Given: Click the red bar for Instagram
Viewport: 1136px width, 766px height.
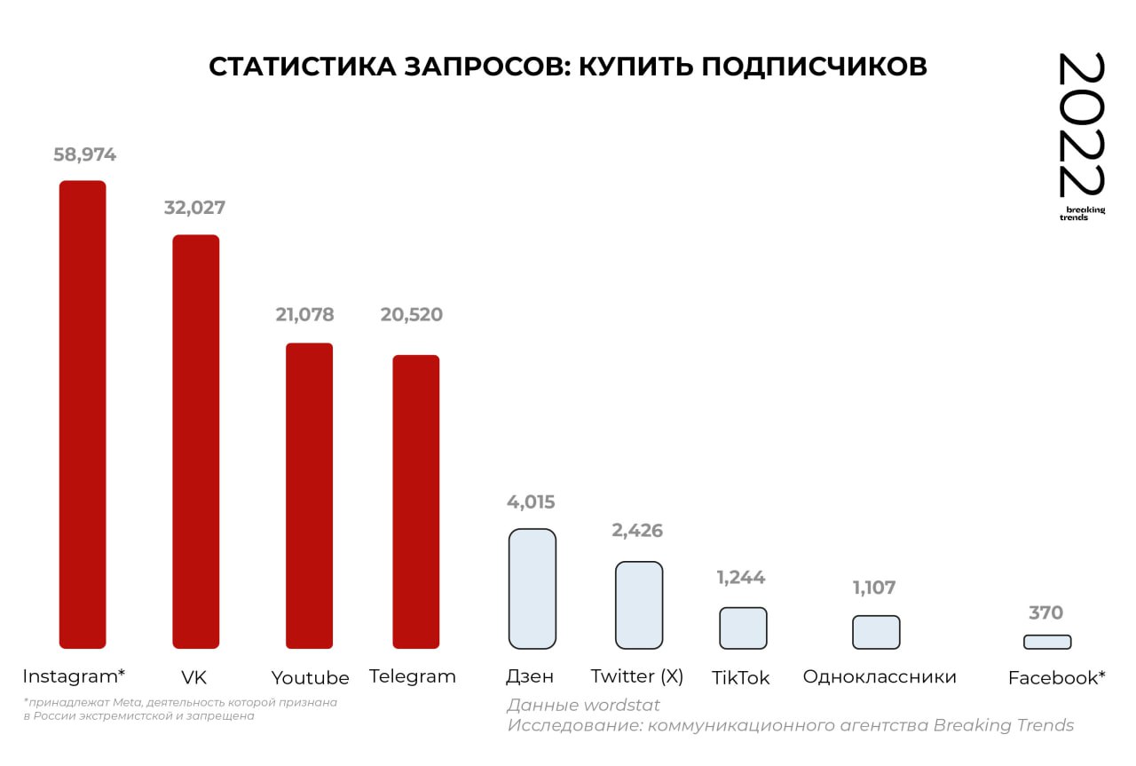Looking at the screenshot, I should coord(83,415).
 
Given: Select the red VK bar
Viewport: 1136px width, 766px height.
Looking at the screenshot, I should coord(195,441).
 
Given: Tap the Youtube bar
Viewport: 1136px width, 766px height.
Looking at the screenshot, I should coord(309,495).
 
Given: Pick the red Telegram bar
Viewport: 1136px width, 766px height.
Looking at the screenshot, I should coord(416,501).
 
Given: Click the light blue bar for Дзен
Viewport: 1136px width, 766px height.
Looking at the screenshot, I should coord(532,588).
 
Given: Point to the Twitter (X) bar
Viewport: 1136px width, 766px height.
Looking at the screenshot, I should coord(639,604).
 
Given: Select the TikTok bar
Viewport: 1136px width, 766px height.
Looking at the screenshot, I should coord(743,628).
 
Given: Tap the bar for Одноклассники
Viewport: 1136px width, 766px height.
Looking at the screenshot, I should coord(876,632).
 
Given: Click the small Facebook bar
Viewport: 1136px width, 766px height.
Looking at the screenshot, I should coord(1047,642).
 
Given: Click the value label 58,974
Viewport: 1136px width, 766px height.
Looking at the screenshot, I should coord(84,154).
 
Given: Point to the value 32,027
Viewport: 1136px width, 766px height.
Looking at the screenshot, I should coord(194,208).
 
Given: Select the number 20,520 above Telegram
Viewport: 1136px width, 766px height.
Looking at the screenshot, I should coord(411,314).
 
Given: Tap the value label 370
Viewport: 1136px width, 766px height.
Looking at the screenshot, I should coord(1045,612).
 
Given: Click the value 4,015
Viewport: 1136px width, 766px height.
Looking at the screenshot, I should coord(531,502).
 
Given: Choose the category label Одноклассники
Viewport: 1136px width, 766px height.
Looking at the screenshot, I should coord(880,677).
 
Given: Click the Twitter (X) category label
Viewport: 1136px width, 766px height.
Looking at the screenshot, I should coord(637,676).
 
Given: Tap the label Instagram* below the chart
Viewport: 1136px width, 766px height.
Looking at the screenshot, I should coord(74,676).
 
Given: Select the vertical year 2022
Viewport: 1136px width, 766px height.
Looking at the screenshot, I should coord(1082,125).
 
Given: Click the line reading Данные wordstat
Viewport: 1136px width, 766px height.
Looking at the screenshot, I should coord(583,706).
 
